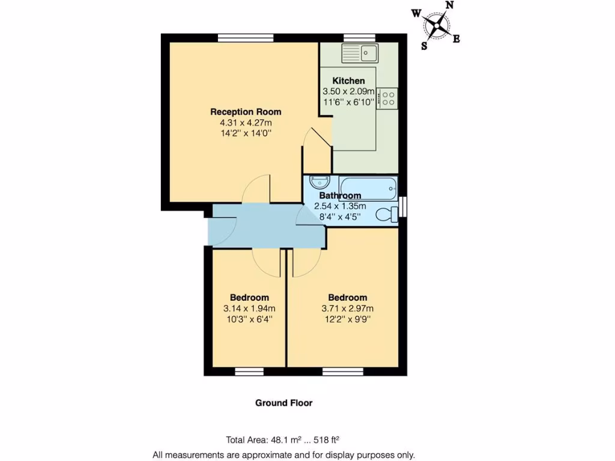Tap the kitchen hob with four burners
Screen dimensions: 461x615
pyautogui.click(x=388, y=98)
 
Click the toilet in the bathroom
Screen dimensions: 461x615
pyautogui.click(x=387, y=214)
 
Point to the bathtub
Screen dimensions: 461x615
pyautogui.click(x=368, y=187)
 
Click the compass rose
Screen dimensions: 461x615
pyautogui.click(x=437, y=26)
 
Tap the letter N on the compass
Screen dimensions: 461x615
pyautogui.click(x=449, y=5)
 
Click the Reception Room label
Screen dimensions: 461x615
pyautogui.click(x=246, y=112)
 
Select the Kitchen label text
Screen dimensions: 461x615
pyautogui.click(x=348, y=80)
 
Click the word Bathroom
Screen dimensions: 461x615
pyautogui.click(x=340, y=195)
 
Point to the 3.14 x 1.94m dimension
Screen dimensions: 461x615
pyautogui.click(x=249, y=309)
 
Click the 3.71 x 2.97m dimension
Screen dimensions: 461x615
pyautogui.click(x=347, y=309)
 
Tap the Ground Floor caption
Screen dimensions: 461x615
pyautogui.click(x=283, y=403)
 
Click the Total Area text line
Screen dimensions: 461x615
pyautogui.click(x=286, y=439)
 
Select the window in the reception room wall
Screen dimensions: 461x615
pyautogui.click(x=245, y=38)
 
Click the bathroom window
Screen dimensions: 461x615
pyautogui.click(x=402, y=205)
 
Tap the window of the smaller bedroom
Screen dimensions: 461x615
pyautogui.click(x=249, y=372)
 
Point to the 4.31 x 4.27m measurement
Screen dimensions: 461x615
pyautogui.click(x=246, y=122)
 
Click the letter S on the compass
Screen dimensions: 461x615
pyautogui.click(x=424, y=46)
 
